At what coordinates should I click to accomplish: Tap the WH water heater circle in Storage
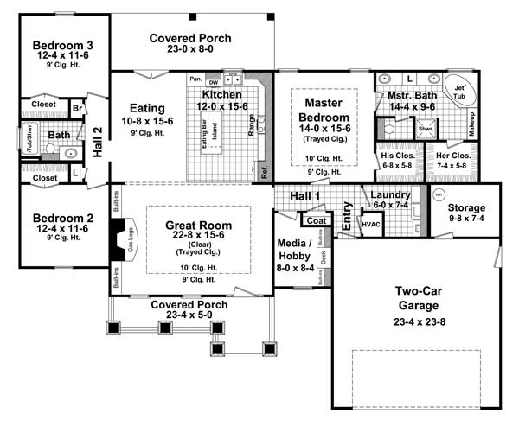[437, 194]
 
